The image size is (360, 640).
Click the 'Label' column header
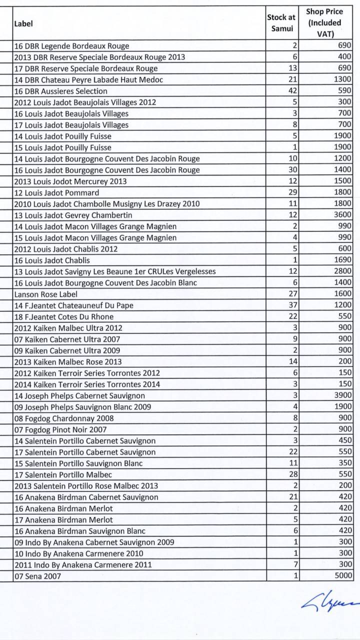point(23,23)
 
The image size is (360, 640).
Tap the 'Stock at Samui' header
point(281,23)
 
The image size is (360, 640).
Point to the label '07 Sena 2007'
point(37,576)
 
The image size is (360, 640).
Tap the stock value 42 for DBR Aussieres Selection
point(292,91)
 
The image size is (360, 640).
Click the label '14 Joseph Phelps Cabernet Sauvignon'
point(79,395)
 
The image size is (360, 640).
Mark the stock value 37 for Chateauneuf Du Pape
point(292,305)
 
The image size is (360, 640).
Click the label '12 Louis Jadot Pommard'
point(56,192)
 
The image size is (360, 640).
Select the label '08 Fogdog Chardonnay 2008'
point(64,418)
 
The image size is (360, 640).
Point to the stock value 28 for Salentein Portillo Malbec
point(292,474)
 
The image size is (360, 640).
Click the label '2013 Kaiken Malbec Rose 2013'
point(67,361)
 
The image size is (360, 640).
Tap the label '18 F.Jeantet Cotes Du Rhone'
point(64,316)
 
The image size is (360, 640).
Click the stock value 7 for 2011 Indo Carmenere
point(295,564)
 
